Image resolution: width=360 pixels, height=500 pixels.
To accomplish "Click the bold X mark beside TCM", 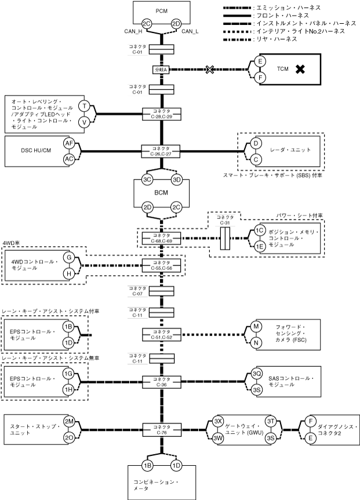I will pyautogui.click(x=300, y=70).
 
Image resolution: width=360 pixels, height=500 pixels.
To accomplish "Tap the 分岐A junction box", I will pyautogui.click(x=160, y=70).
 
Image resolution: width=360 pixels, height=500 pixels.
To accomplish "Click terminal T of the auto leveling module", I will pyautogui.click(x=85, y=106).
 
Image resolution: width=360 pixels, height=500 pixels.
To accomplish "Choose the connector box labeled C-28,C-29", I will pyautogui.click(x=161, y=114).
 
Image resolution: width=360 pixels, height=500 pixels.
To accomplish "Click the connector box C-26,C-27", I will pyautogui.click(x=161, y=151).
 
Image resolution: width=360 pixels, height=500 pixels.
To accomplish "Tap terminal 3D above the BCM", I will pyautogui.click(x=177, y=180).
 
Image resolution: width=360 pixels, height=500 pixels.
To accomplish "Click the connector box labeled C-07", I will pyautogui.click(x=161, y=290).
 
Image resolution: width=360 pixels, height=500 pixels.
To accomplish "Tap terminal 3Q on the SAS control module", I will pyautogui.click(x=257, y=374).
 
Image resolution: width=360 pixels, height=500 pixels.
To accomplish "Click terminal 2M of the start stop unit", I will pyautogui.click(x=70, y=421).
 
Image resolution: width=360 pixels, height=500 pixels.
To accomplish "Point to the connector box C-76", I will pyautogui.click(x=161, y=429).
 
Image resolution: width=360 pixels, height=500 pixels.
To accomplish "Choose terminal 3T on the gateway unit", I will pyautogui.click(x=270, y=421).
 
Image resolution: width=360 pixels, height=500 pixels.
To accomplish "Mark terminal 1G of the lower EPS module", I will pyautogui.click(x=68, y=374).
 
